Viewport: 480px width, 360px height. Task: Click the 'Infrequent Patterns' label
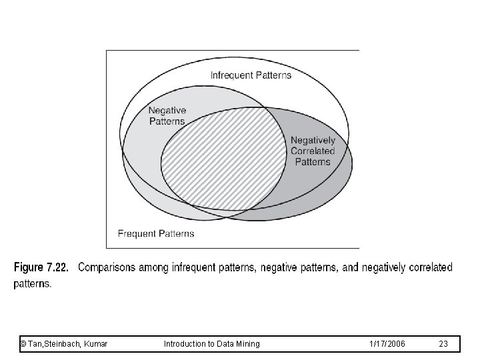tap(251, 75)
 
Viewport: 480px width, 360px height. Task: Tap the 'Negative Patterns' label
tap(167, 115)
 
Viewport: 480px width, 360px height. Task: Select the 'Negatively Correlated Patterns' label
tap(313, 151)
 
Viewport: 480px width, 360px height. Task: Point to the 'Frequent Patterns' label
tap(156, 233)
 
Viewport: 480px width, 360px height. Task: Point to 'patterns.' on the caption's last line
tap(32, 283)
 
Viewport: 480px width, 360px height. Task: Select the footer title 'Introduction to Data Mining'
tap(211, 343)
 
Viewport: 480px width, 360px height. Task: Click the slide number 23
tap(444, 343)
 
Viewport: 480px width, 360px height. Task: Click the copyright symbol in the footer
tap(23, 343)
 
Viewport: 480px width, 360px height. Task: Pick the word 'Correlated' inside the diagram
tap(313, 151)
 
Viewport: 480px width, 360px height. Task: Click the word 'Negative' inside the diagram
tap(167, 110)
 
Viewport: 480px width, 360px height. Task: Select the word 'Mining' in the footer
tap(248, 343)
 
